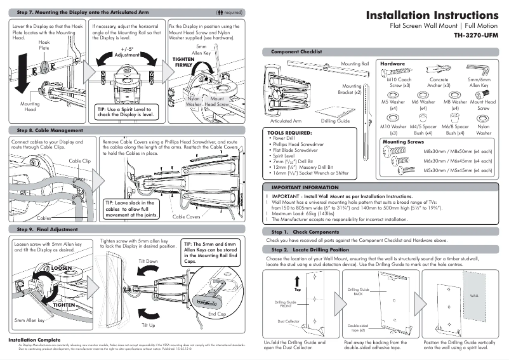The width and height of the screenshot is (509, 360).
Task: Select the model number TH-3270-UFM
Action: [x=476, y=36]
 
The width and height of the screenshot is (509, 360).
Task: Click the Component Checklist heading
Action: [x=296, y=51]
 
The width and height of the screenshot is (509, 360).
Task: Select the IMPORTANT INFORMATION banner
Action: [x=305, y=188]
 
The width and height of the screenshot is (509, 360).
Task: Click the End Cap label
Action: [x=216, y=314]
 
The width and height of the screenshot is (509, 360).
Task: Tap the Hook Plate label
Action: [x=44, y=44]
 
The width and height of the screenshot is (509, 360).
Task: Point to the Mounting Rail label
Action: [x=355, y=64]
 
